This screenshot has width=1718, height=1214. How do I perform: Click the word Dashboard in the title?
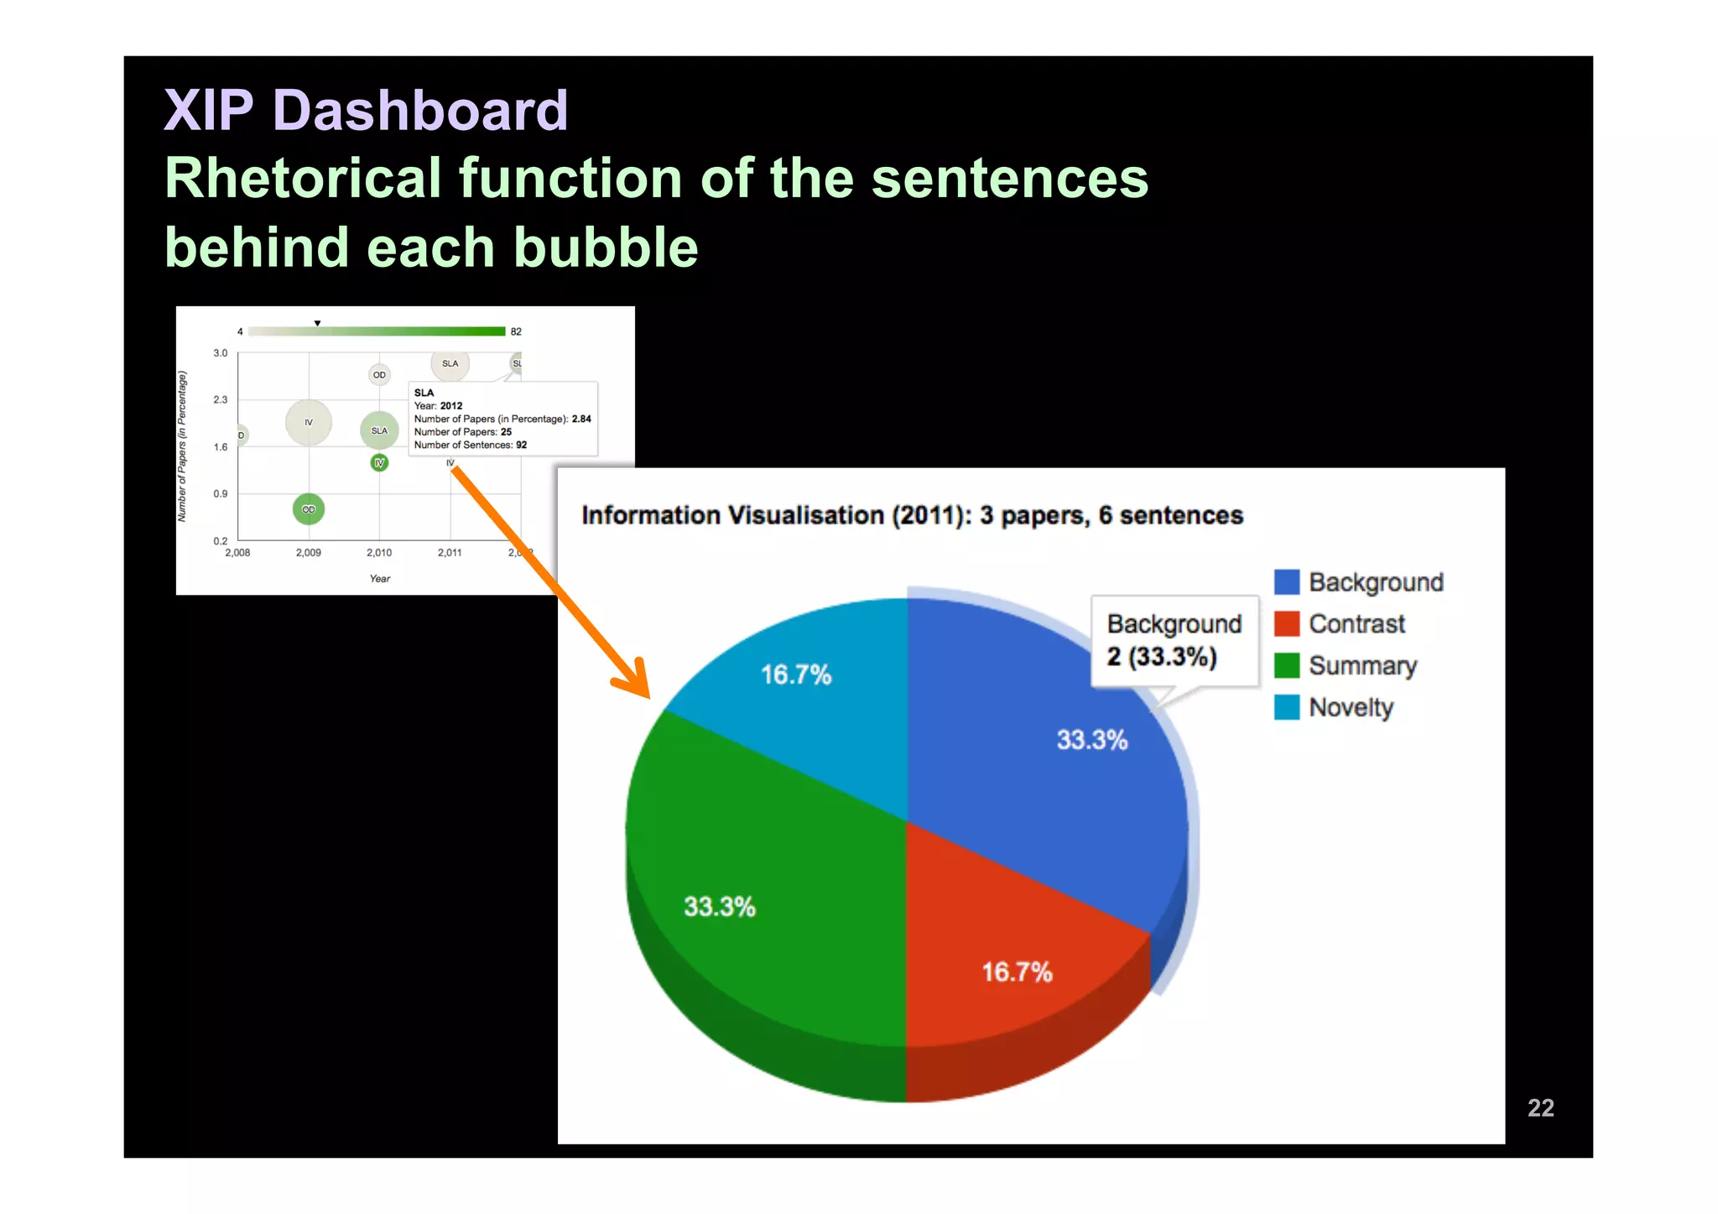(420, 110)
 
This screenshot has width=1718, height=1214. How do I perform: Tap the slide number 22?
(1540, 1107)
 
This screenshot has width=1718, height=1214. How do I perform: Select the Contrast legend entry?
(1356, 623)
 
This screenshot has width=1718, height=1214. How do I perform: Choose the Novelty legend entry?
(1350, 707)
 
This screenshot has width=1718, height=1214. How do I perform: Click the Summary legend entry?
(1361, 665)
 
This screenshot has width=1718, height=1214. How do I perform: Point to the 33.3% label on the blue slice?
(1091, 739)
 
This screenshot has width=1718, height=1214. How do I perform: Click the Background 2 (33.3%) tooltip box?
(1174, 640)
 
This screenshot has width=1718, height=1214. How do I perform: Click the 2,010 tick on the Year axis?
(379, 552)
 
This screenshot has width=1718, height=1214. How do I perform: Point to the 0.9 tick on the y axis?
(220, 493)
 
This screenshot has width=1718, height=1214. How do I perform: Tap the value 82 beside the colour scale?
(516, 331)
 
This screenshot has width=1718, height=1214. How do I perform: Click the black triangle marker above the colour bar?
(317, 323)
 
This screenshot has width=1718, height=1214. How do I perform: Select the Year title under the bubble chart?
(380, 578)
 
